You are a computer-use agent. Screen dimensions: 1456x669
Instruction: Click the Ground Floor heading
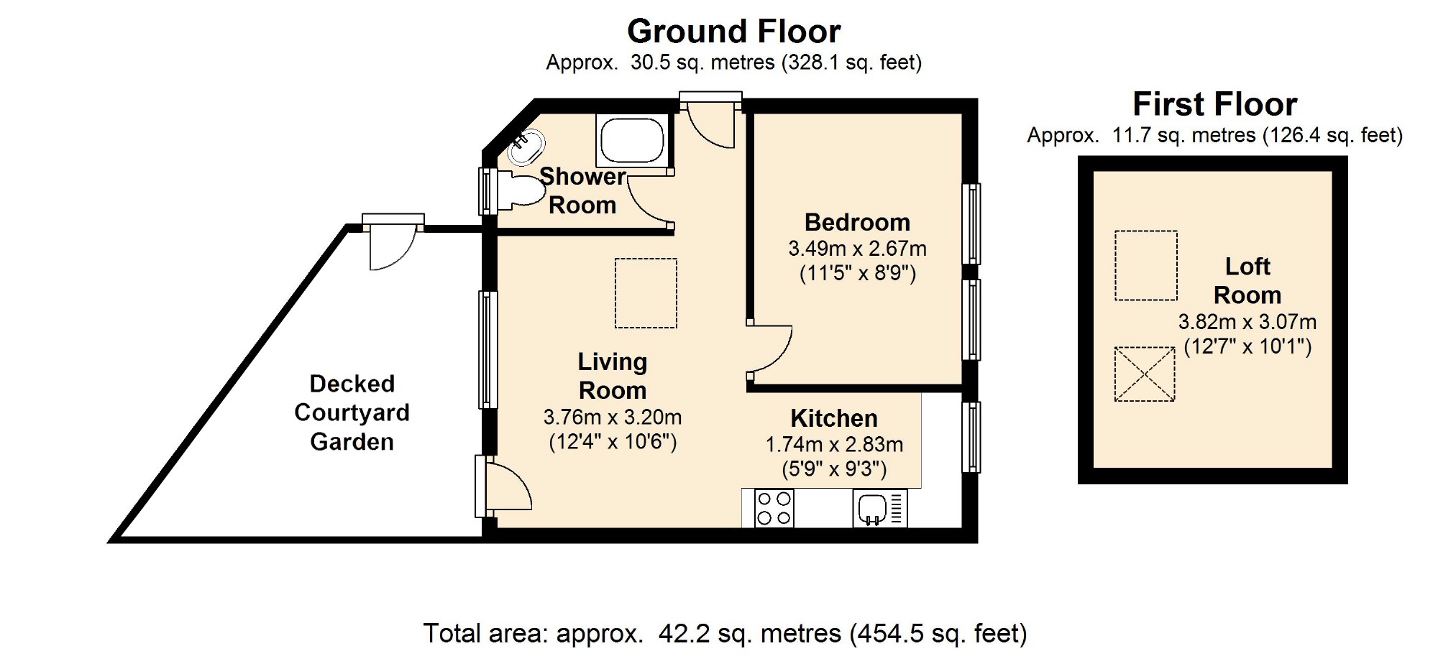click(733, 32)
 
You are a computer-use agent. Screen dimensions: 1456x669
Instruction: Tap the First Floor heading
click(1214, 104)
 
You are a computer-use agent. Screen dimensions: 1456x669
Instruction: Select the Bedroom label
click(857, 222)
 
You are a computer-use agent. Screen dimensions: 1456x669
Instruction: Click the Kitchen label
click(834, 418)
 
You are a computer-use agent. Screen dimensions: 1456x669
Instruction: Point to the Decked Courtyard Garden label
click(352, 412)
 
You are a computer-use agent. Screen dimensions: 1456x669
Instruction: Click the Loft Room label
click(1247, 281)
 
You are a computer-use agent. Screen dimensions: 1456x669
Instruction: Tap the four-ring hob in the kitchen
click(774, 508)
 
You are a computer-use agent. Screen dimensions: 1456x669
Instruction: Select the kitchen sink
click(880, 508)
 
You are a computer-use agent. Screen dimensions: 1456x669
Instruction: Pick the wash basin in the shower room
click(526, 147)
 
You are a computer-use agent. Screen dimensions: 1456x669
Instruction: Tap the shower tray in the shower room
click(632, 141)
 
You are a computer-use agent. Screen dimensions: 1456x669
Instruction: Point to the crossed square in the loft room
click(1145, 374)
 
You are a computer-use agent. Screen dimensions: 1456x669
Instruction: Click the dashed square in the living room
click(646, 293)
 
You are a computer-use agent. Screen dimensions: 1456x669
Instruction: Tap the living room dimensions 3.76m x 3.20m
click(613, 417)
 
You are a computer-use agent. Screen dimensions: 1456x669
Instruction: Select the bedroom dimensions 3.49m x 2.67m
click(857, 249)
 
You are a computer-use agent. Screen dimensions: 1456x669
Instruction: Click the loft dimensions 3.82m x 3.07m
click(1247, 322)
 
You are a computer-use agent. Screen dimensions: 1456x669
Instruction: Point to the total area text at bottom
click(725, 634)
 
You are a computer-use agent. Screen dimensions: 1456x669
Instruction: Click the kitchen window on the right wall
click(971, 437)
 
